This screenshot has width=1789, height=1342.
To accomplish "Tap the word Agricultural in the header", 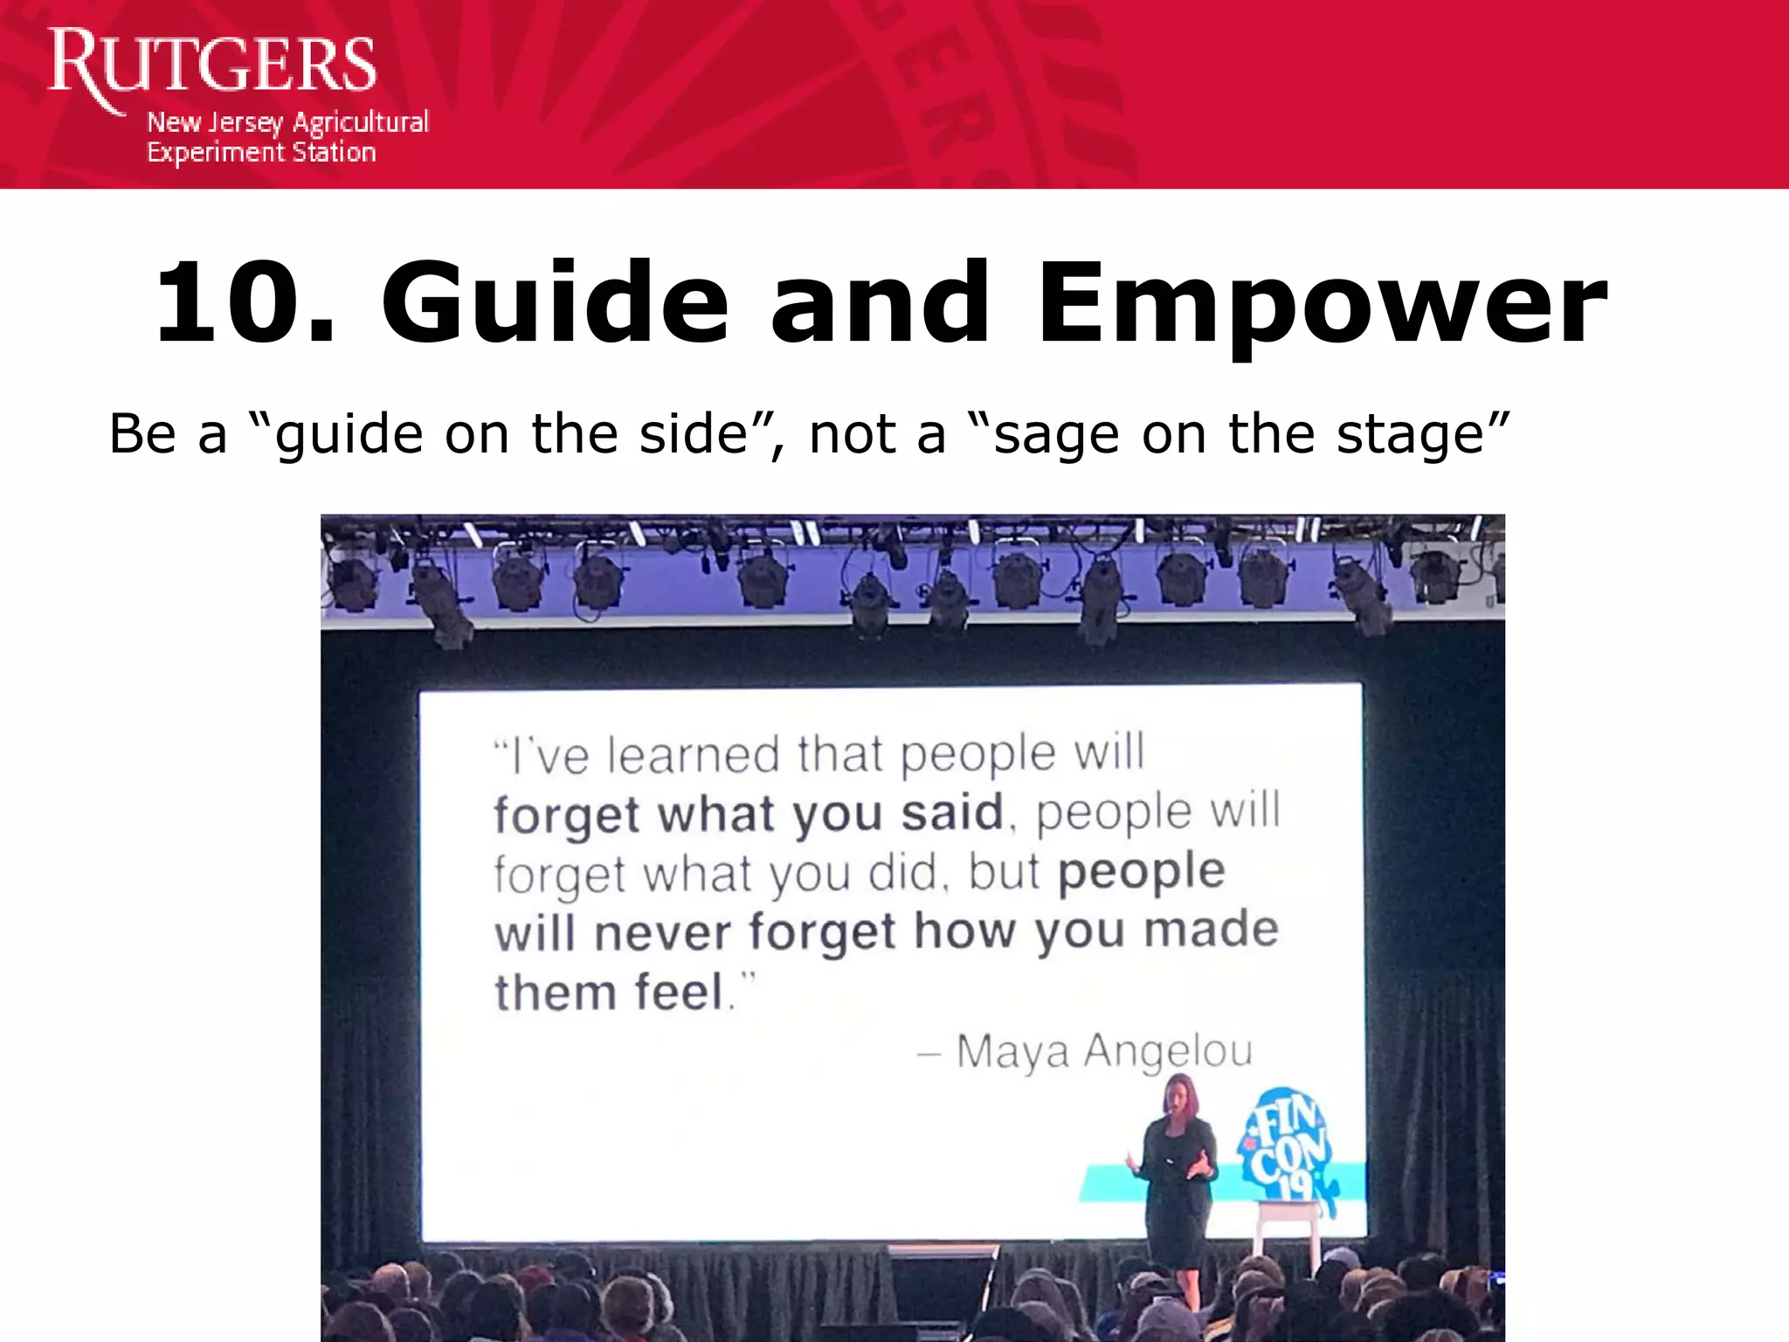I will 360,123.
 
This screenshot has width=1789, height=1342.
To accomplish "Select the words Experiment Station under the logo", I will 260,153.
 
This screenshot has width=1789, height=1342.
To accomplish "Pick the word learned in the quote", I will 693,755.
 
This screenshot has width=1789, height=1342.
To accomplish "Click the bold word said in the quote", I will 952,813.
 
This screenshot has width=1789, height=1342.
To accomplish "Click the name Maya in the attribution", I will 1012,1052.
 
